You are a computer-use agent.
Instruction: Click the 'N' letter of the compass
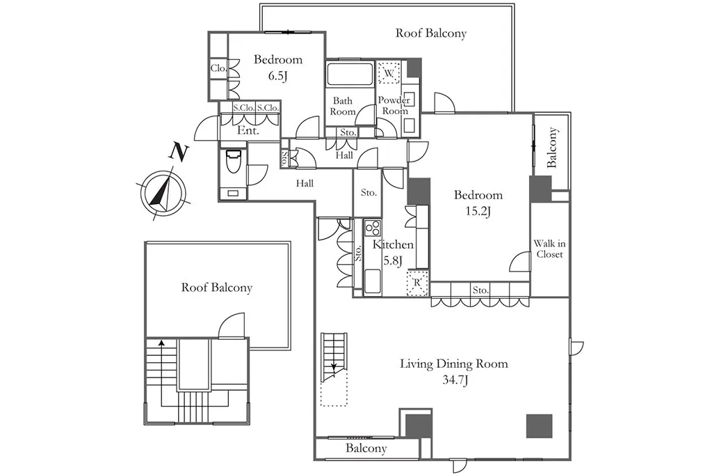coord(179,152)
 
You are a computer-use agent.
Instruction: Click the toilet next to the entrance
coord(234,162)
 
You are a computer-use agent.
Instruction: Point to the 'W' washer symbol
coord(389,73)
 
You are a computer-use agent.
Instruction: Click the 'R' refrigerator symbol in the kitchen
coord(417,283)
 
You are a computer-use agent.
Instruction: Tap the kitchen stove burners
coord(373,228)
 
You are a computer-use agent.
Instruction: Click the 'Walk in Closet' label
coord(549,249)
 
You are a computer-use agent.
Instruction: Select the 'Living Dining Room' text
coord(453,364)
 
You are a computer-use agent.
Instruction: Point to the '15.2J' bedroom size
coord(478,211)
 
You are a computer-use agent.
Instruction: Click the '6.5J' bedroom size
coord(278,75)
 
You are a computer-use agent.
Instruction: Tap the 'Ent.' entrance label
coord(248,130)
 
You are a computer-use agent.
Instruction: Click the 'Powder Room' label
coord(394,106)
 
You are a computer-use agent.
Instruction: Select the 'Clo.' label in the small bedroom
coord(218,68)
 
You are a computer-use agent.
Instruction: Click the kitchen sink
coord(373,281)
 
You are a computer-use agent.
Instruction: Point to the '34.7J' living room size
coord(455,380)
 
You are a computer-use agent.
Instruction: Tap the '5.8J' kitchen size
coord(393,261)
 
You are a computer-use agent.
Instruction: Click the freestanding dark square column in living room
coord(540,426)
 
